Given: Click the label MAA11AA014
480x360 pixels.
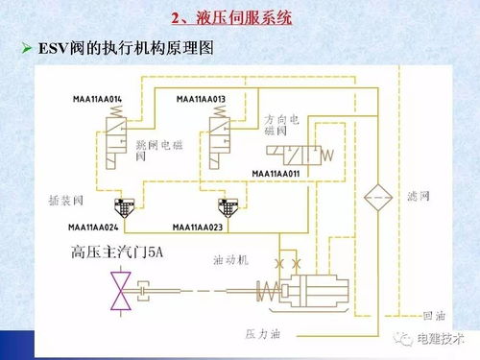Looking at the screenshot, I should (x=98, y=99).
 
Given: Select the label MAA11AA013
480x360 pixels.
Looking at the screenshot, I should (x=202, y=99).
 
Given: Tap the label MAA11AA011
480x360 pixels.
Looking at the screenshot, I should (x=276, y=173).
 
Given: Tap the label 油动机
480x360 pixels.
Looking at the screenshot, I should (x=230, y=259).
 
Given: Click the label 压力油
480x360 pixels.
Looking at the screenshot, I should (x=262, y=333).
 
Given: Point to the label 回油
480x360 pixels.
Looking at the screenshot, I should (x=433, y=315).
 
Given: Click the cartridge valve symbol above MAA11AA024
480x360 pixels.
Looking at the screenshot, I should (x=124, y=206).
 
